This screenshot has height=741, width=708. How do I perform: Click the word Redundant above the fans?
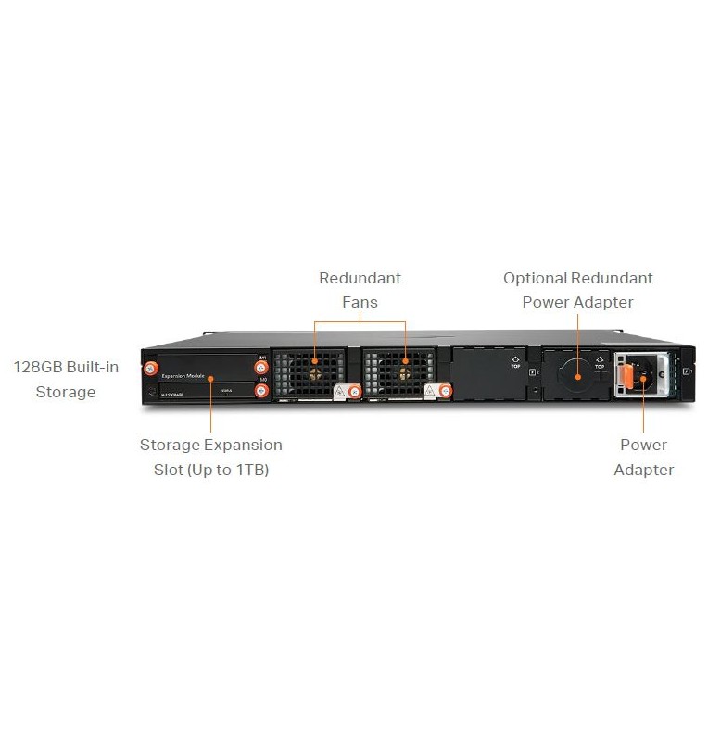[x=360, y=278]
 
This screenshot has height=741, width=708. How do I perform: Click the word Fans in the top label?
[x=360, y=302]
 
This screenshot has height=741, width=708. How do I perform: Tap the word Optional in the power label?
[x=535, y=278]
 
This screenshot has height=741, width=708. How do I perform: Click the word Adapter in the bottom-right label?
[x=644, y=470]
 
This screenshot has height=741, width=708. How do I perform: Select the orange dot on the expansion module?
[x=210, y=379]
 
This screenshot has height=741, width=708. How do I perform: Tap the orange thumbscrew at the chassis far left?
[x=148, y=368]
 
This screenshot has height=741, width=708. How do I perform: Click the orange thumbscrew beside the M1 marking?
[x=261, y=368]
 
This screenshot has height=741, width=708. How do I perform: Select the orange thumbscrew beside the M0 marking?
[x=261, y=390]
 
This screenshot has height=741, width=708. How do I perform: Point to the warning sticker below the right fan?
[x=431, y=392]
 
